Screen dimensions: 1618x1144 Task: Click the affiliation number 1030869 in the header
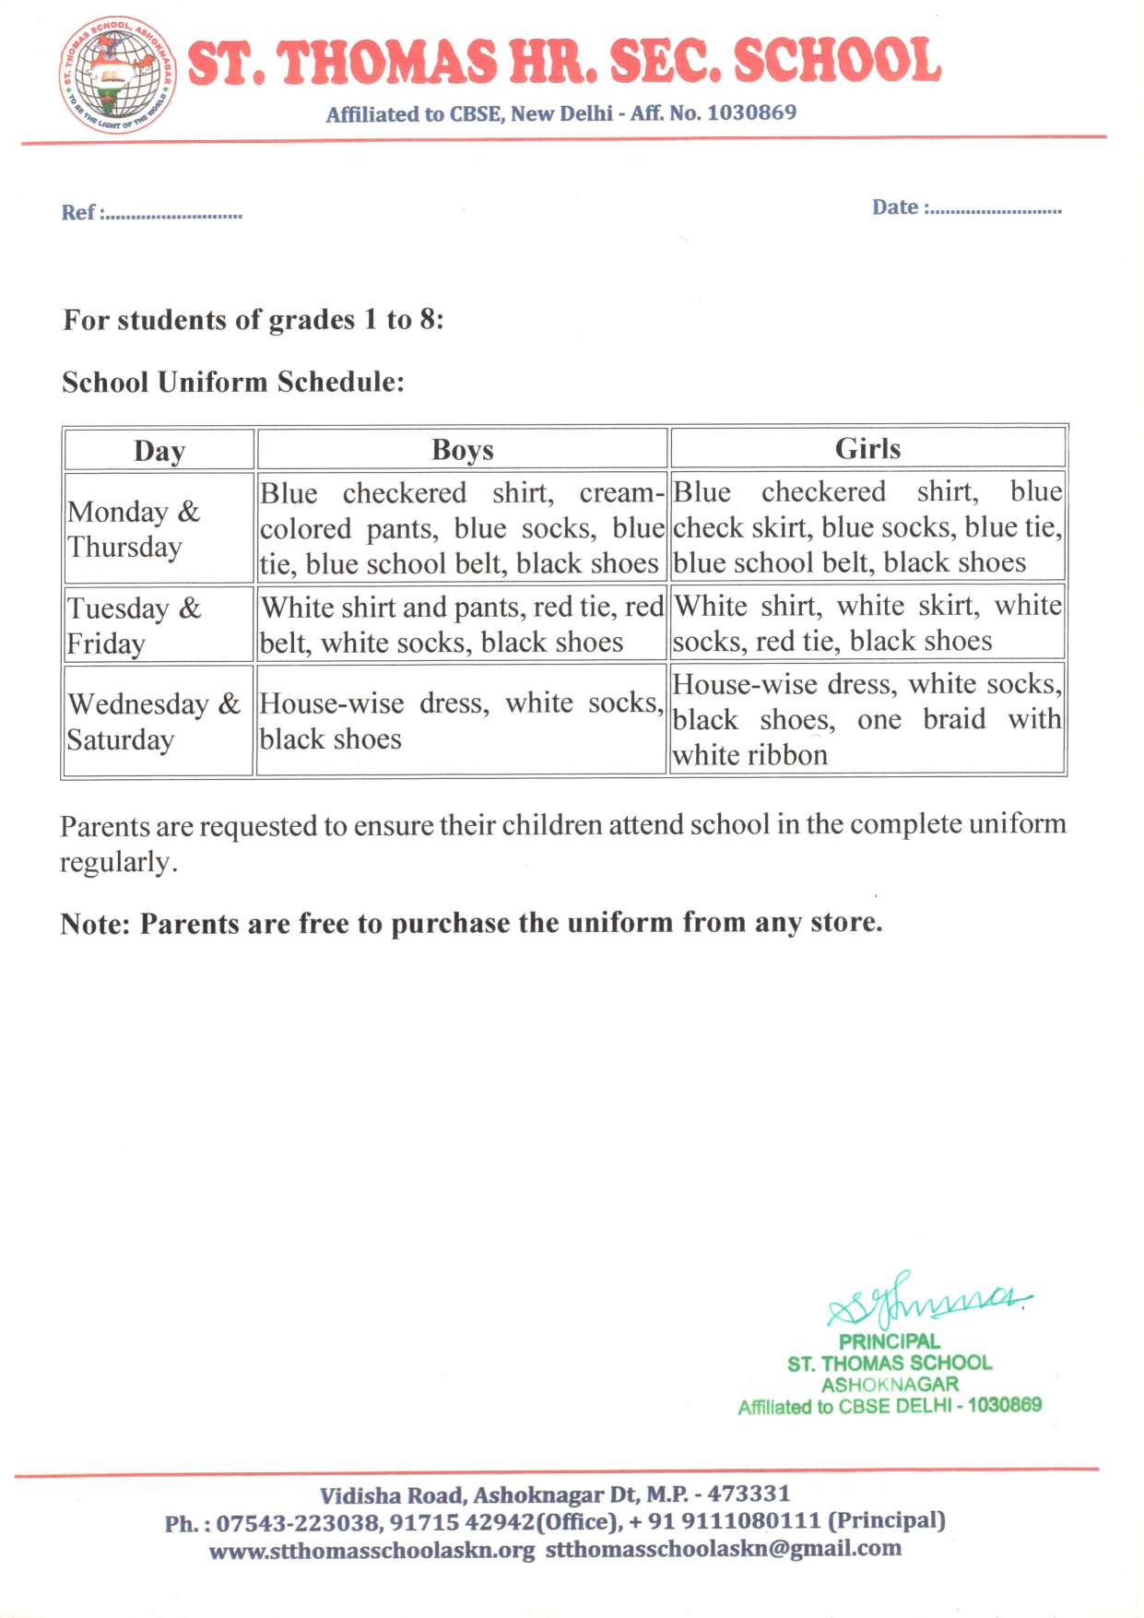tap(751, 112)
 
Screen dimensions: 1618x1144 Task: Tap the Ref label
tap(77, 213)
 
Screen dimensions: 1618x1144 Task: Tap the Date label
tap(894, 207)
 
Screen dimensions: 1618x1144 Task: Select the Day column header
tap(159, 451)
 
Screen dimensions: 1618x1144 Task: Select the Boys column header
tap(462, 450)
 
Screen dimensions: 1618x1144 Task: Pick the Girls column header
tap(867, 449)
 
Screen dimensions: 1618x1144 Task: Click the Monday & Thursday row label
tap(134, 529)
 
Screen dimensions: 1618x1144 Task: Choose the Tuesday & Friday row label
tap(134, 625)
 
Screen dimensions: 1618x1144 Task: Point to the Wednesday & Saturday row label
tap(153, 721)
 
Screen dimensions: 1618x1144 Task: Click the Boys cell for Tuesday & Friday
tap(461, 624)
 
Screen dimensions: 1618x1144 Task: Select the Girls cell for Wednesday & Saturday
tap(867, 719)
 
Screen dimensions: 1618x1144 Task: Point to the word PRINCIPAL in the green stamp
tap(889, 1341)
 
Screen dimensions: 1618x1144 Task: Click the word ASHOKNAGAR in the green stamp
tap(890, 1384)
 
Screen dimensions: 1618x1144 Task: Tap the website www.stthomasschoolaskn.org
tap(372, 1551)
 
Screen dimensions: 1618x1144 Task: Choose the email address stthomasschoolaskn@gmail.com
tap(723, 1549)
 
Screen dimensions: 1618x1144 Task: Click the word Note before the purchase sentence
tap(95, 924)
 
